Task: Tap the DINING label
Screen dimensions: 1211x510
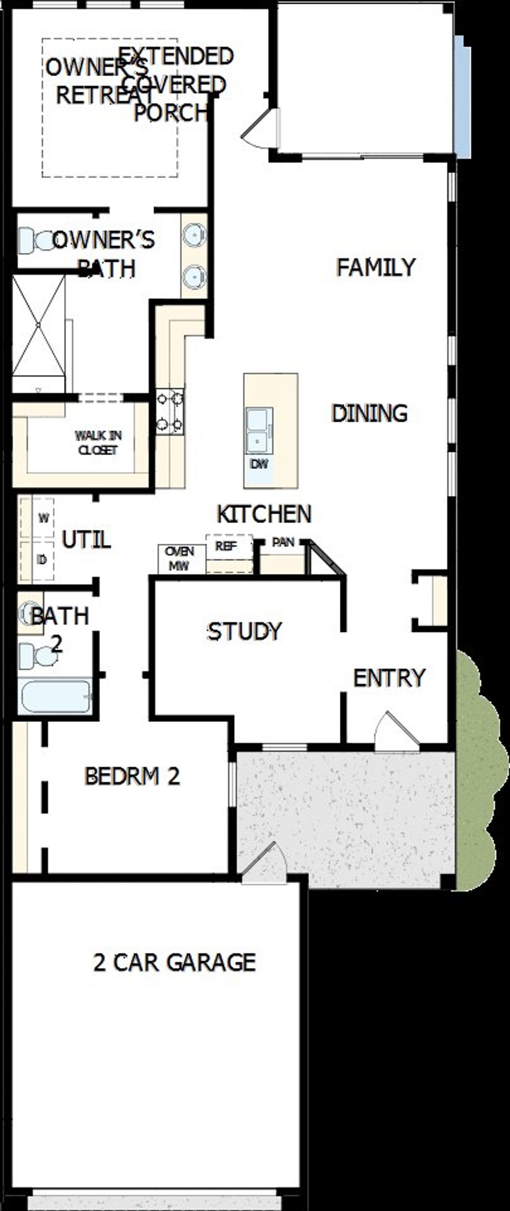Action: tap(369, 413)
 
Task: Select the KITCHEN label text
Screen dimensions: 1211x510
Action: tap(264, 514)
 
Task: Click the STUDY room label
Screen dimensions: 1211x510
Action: tap(244, 631)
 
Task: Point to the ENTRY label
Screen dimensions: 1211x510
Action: tap(389, 678)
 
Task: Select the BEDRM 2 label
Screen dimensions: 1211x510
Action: tap(132, 776)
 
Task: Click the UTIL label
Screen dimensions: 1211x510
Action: tap(86, 539)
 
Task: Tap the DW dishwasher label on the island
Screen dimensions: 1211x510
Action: tap(259, 464)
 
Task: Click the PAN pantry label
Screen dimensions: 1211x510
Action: tap(283, 542)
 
